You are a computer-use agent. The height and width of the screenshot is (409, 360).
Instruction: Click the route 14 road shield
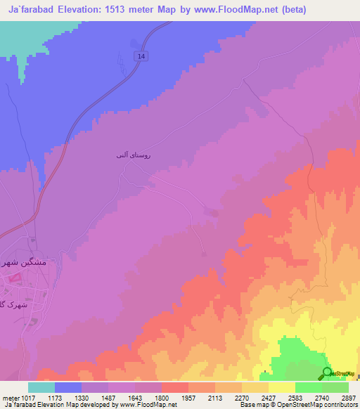click(143, 56)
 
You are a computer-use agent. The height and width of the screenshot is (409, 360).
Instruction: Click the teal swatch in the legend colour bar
click(41, 387)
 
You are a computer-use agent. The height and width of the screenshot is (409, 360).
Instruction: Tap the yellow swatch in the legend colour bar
click(281, 387)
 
